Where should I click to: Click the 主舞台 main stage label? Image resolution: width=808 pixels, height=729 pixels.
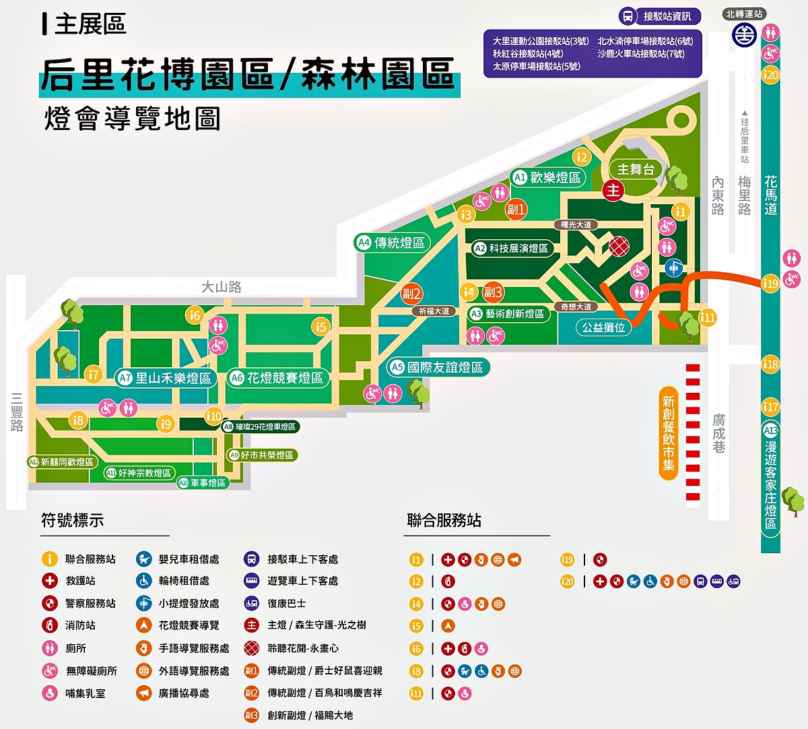(636, 170)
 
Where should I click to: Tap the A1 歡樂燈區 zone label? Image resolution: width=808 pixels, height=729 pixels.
(547, 177)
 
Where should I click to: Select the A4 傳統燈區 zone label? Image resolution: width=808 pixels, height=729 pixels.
(392, 243)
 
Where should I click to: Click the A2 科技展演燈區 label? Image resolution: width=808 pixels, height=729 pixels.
(512, 249)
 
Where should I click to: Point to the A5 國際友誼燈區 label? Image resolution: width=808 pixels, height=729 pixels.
(438, 367)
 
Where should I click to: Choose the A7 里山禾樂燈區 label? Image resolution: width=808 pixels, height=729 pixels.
(166, 378)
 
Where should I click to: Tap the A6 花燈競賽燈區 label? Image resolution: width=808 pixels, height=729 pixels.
(277, 378)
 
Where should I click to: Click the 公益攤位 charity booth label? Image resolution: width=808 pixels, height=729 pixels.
(604, 327)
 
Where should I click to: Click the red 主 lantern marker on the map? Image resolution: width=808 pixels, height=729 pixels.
(613, 191)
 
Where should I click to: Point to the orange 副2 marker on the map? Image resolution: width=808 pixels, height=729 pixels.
(412, 293)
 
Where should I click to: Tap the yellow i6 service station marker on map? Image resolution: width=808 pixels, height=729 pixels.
(195, 315)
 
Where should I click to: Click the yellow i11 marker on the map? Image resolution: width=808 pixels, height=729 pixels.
(708, 317)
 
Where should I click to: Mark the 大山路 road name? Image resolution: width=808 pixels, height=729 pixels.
(222, 287)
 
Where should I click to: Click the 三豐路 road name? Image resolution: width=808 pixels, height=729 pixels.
(17, 412)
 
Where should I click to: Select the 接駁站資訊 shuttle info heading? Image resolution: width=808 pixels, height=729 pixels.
(667, 16)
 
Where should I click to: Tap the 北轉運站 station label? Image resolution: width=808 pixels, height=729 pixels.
(745, 13)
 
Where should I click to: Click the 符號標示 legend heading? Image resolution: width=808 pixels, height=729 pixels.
(73, 520)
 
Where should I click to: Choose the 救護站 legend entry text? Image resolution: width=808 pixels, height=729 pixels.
(80, 581)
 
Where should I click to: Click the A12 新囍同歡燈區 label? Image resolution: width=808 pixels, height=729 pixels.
(61, 462)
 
